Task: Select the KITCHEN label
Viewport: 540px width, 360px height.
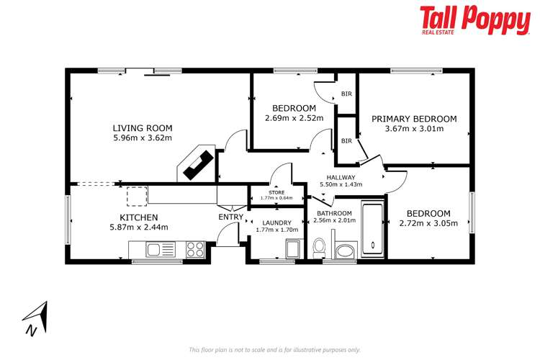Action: point(139,217)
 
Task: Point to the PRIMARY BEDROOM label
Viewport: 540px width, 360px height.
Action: point(414,119)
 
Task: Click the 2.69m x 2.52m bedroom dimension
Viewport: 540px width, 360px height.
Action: point(294,118)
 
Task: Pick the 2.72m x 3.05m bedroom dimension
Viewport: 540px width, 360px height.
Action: point(428,223)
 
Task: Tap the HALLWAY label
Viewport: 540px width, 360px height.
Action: point(341,177)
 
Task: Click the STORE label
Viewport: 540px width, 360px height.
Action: point(276,192)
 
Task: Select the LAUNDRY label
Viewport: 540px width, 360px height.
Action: point(276,222)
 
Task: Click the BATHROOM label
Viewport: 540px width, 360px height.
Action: point(333,213)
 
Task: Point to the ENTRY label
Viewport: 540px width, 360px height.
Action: point(230,217)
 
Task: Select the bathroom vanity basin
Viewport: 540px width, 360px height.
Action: point(345,251)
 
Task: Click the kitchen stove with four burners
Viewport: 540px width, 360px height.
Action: point(195,250)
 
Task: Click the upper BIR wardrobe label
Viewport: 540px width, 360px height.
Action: point(346,94)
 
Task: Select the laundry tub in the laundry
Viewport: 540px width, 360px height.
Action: point(292,248)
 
